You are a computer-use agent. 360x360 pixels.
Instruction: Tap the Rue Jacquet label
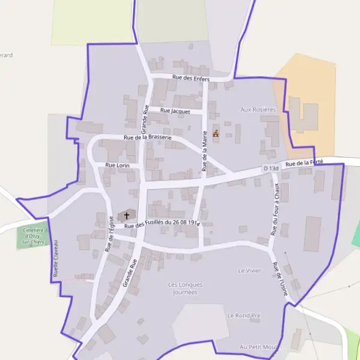[x=175, y=111]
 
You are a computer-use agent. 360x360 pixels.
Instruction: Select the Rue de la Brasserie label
[x=148, y=137]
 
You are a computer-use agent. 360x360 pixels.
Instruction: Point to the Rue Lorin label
[x=118, y=164]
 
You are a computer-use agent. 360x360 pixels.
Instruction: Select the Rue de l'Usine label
[x=280, y=279]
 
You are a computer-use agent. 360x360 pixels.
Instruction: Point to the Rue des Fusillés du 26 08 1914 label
[x=161, y=224]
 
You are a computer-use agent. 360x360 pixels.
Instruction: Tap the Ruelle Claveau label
[x=55, y=258]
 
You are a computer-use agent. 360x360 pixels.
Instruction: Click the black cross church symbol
[x=127, y=215]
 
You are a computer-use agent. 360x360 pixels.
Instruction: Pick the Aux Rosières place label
[x=258, y=109]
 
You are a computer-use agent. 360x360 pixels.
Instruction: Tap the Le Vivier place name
[x=250, y=271]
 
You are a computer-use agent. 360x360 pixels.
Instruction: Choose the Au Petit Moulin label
[x=259, y=347]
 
